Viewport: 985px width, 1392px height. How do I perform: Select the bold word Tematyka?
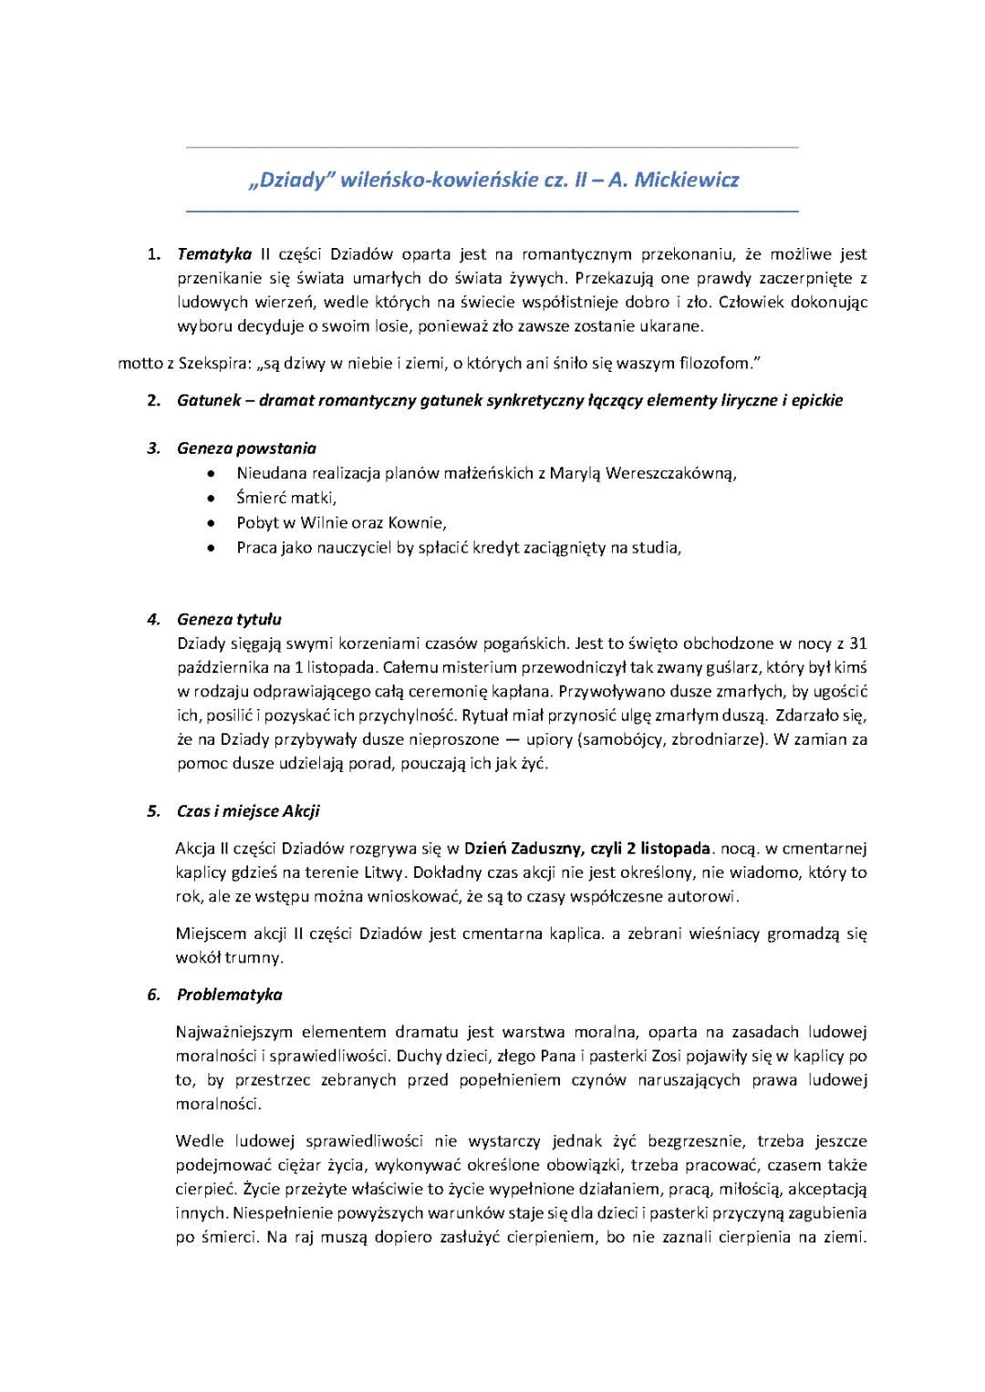coord(213,254)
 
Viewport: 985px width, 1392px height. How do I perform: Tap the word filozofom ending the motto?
coord(721,364)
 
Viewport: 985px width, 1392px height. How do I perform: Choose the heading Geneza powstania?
coord(246,448)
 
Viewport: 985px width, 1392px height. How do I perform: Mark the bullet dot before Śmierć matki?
coord(212,499)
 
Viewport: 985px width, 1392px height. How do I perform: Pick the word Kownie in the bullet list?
coord(416,523)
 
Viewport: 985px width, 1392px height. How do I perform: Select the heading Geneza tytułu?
coord(229,620)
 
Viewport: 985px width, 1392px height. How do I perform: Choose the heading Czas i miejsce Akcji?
coord(248,811)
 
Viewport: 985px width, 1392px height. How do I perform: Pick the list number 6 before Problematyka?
coord(153,995)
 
